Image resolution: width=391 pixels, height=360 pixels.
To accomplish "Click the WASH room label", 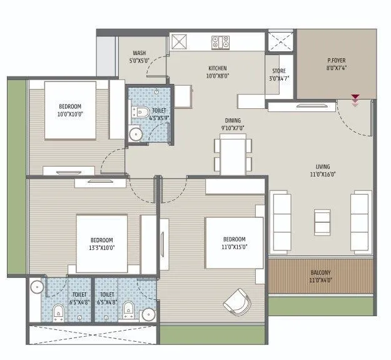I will click(140, 53).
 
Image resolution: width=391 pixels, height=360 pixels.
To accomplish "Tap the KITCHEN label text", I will click(217, 68).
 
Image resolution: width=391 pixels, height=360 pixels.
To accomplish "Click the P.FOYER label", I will click(337, 61).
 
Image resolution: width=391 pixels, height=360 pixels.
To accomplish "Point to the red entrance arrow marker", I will click(355, 99).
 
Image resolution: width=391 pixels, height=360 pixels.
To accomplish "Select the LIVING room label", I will click(323, 167).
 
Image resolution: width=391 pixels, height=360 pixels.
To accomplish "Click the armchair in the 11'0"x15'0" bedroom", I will click(237, 302).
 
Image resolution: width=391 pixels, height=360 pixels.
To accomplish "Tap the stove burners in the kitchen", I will click(220, 42).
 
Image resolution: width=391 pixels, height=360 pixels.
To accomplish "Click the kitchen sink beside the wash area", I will click(179, 42).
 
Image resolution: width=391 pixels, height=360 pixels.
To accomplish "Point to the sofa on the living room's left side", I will click(282, 220).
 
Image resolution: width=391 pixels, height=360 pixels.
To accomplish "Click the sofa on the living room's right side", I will click(361, 220).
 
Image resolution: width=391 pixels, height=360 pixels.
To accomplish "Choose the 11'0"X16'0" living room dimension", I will click(323, 175).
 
